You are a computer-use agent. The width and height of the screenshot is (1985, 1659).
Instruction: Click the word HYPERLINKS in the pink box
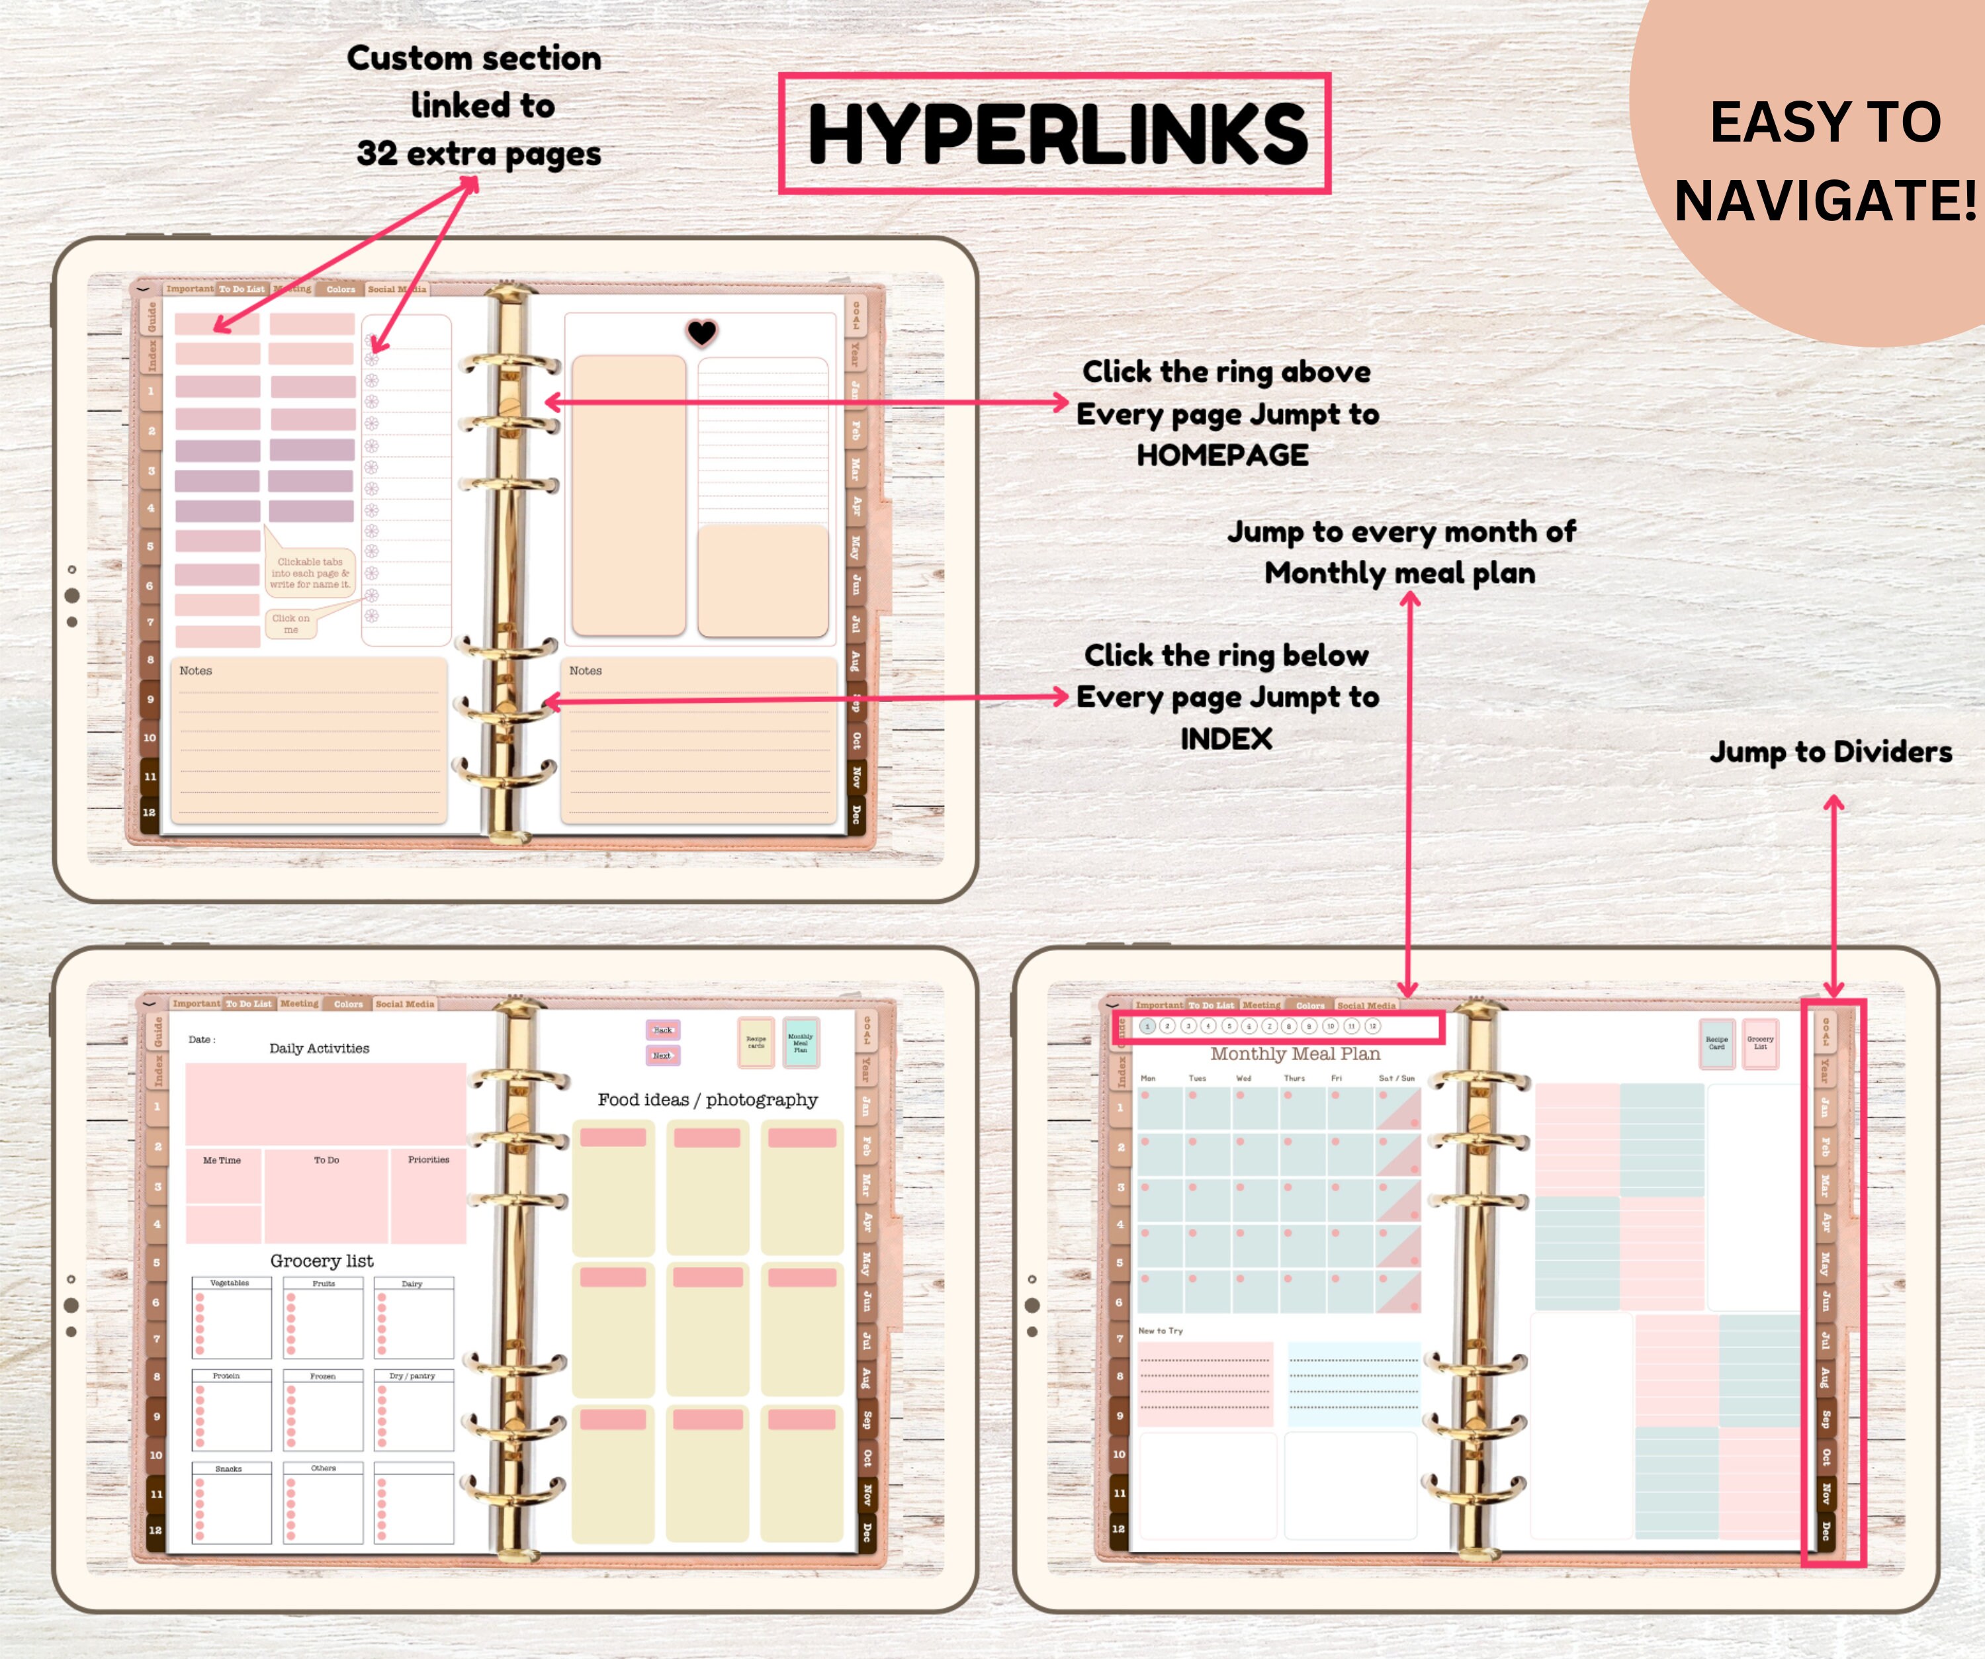[1057, 134]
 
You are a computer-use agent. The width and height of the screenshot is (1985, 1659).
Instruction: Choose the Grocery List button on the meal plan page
[1760, 1043]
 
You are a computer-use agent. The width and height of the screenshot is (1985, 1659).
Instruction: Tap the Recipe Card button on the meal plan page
[1716, 1043]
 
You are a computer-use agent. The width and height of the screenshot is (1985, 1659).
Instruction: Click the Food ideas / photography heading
[707, 1099]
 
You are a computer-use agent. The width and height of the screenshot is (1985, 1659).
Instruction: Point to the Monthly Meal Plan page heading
[1295, 1054]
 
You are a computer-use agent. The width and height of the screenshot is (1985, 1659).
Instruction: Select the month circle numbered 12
[1372, 1026]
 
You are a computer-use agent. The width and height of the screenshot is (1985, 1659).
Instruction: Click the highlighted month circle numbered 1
[1147, 1026]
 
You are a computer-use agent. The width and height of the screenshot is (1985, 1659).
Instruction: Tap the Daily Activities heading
[320, 1048]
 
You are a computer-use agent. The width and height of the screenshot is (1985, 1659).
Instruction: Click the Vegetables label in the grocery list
[230, 1282]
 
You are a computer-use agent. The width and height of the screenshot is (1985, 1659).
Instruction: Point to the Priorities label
[428, 1159]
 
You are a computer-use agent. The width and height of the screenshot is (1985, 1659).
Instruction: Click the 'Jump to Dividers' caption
[1831, 752]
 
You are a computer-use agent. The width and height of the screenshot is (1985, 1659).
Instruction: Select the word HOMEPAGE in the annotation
[1222, 456]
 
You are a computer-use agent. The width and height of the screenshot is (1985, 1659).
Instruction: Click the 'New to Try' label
[1160, 1330]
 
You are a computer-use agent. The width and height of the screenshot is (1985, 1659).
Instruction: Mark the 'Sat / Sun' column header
[1396, 1077]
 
